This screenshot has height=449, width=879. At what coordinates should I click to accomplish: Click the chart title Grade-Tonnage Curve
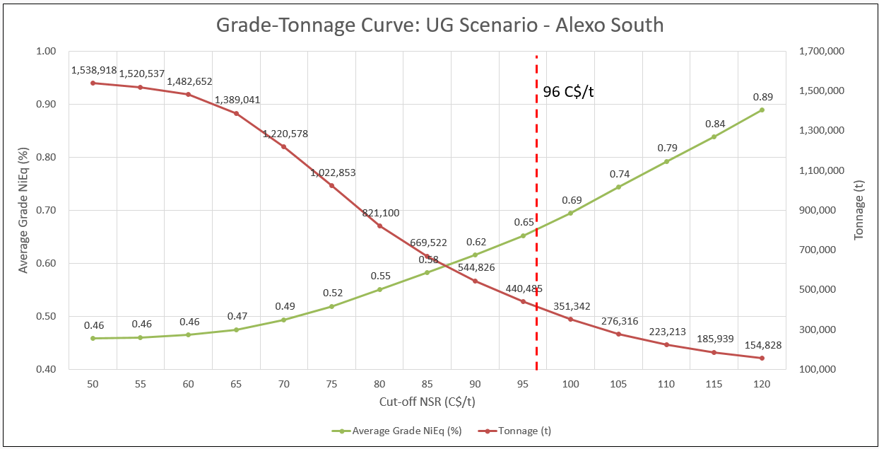pos(439,25)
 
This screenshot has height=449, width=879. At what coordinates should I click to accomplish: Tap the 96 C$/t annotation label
pos(568,91)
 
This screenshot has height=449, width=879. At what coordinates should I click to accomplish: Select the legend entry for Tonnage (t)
pos(519,431)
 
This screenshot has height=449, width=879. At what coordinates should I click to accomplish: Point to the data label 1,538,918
pos(93,71)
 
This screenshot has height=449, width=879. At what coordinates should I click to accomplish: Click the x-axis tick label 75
pos(331,384)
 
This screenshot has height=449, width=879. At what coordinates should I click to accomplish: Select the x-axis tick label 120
pos(762,384)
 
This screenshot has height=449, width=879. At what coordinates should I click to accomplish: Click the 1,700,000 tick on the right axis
pos(820,52)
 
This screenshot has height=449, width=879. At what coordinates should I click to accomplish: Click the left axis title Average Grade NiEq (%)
pos(23,210)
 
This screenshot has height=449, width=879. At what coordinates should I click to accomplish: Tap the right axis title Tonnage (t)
pos(859,210)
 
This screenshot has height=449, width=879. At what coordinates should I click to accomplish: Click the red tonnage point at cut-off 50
pos(93,83)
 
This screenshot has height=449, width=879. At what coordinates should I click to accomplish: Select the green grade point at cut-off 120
pos(762,110)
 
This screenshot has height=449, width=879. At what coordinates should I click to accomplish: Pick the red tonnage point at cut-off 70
pos(284,146)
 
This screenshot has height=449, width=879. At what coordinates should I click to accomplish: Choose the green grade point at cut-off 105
pos(618,187)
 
